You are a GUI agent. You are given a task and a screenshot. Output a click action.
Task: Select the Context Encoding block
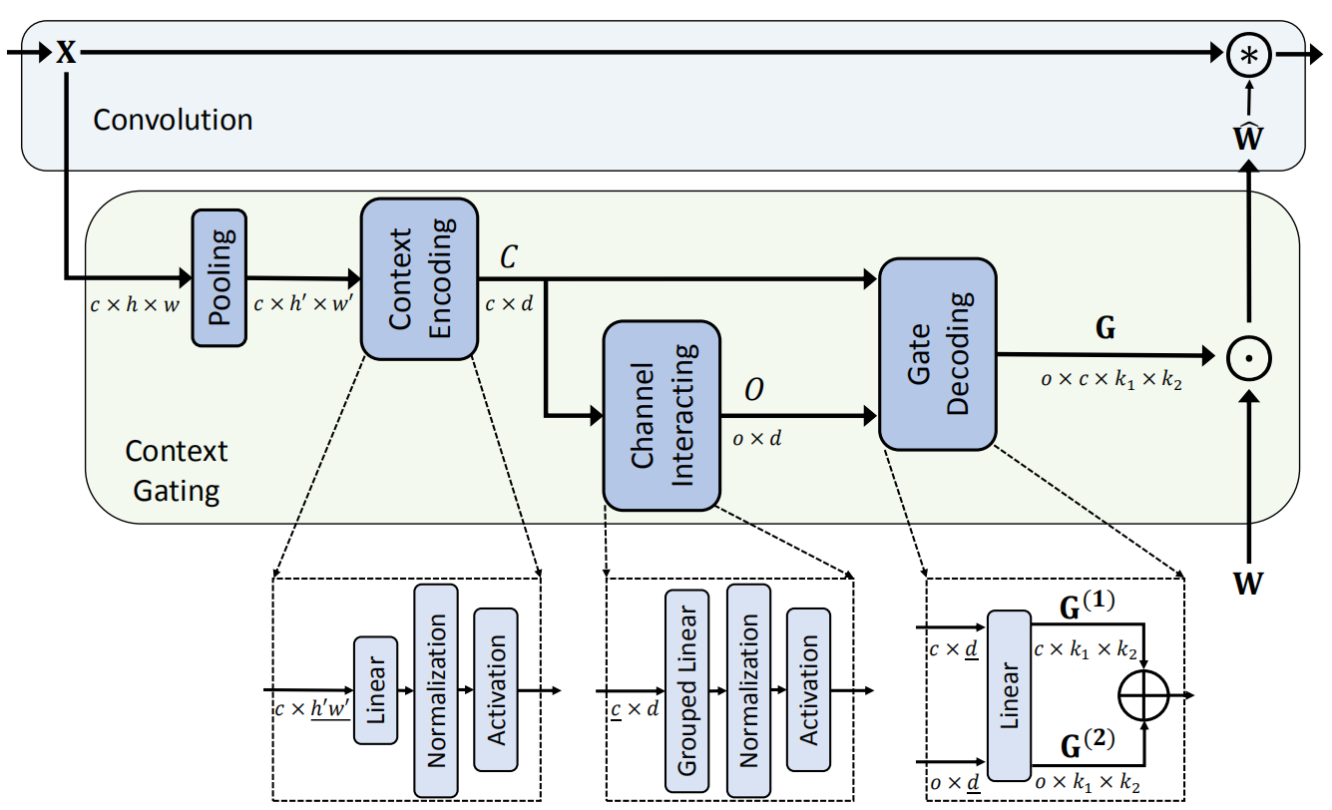pyautogui.click(x=419, y=279)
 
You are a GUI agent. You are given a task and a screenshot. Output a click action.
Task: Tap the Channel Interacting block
pyautogui.click(x=662, y=415)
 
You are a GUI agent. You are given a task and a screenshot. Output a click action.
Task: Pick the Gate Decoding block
pyautogui.click(x=938, y=353)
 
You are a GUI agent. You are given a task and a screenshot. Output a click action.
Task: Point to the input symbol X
pyautogui.click(x=66, y=52)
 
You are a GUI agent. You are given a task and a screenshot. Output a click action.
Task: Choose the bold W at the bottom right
pyautogui.click(x=1248, y=583)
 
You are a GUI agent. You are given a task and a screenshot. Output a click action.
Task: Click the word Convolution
pyautogui.click(x=173, y=121)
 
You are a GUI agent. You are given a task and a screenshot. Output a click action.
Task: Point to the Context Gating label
pyautogui.click(x=176, y=470)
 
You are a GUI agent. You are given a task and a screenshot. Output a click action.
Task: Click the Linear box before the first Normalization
pyautogui.click(x=375, y=688)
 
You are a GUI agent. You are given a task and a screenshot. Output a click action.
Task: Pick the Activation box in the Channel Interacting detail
pyautogui.click(x=809, y=688)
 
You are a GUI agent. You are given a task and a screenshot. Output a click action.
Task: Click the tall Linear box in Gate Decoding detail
pyautogui.click(x=1009, y=694)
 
